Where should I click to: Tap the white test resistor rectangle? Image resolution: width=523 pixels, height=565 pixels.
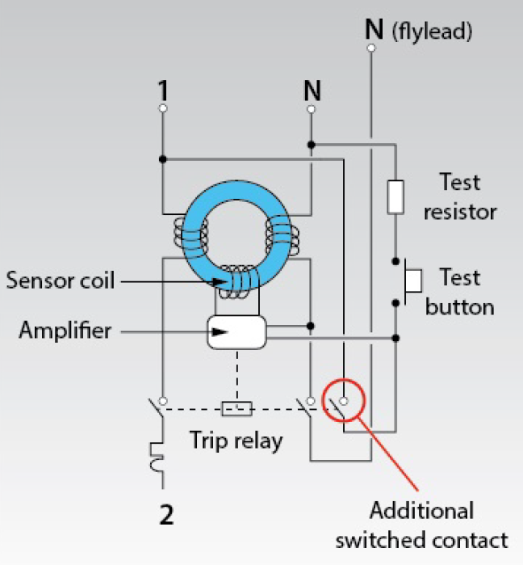point(395,196)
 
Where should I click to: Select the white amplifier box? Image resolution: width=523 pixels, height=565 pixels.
point(236,332)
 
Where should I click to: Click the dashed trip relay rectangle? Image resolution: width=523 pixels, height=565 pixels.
point(236,409)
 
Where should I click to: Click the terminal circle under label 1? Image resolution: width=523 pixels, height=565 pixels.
point(163,108)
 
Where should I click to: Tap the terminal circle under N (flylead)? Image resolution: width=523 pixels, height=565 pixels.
point(370,48)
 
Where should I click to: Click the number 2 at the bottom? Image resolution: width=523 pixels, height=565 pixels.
point(166,515)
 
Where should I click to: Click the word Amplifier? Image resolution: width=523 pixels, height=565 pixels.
point(65,330)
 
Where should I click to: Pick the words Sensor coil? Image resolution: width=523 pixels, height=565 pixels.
point(61,280)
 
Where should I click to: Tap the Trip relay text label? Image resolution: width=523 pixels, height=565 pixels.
point(236,441)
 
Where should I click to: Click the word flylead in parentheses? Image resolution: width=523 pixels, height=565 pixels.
point(432,32)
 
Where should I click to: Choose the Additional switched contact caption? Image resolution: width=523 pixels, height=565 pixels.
point(421,525)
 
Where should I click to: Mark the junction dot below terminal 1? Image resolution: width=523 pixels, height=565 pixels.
point(163,159)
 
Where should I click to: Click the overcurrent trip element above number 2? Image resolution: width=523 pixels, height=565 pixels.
point(157,457)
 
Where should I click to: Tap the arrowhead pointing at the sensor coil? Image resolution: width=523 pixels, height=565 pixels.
point(220,282)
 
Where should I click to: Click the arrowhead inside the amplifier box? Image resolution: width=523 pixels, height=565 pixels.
point(220,332)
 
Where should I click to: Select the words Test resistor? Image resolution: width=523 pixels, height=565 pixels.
point(460,196)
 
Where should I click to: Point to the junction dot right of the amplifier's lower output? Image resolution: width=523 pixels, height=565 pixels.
point(395,338)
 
